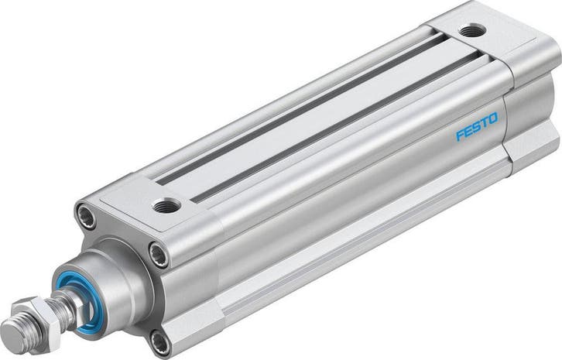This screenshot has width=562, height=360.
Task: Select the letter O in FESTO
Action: click(x=494, y=118)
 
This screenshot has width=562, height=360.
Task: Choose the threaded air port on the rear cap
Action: click(x=470, y=31)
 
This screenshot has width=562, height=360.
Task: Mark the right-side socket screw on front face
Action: click(x=158, y=252)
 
